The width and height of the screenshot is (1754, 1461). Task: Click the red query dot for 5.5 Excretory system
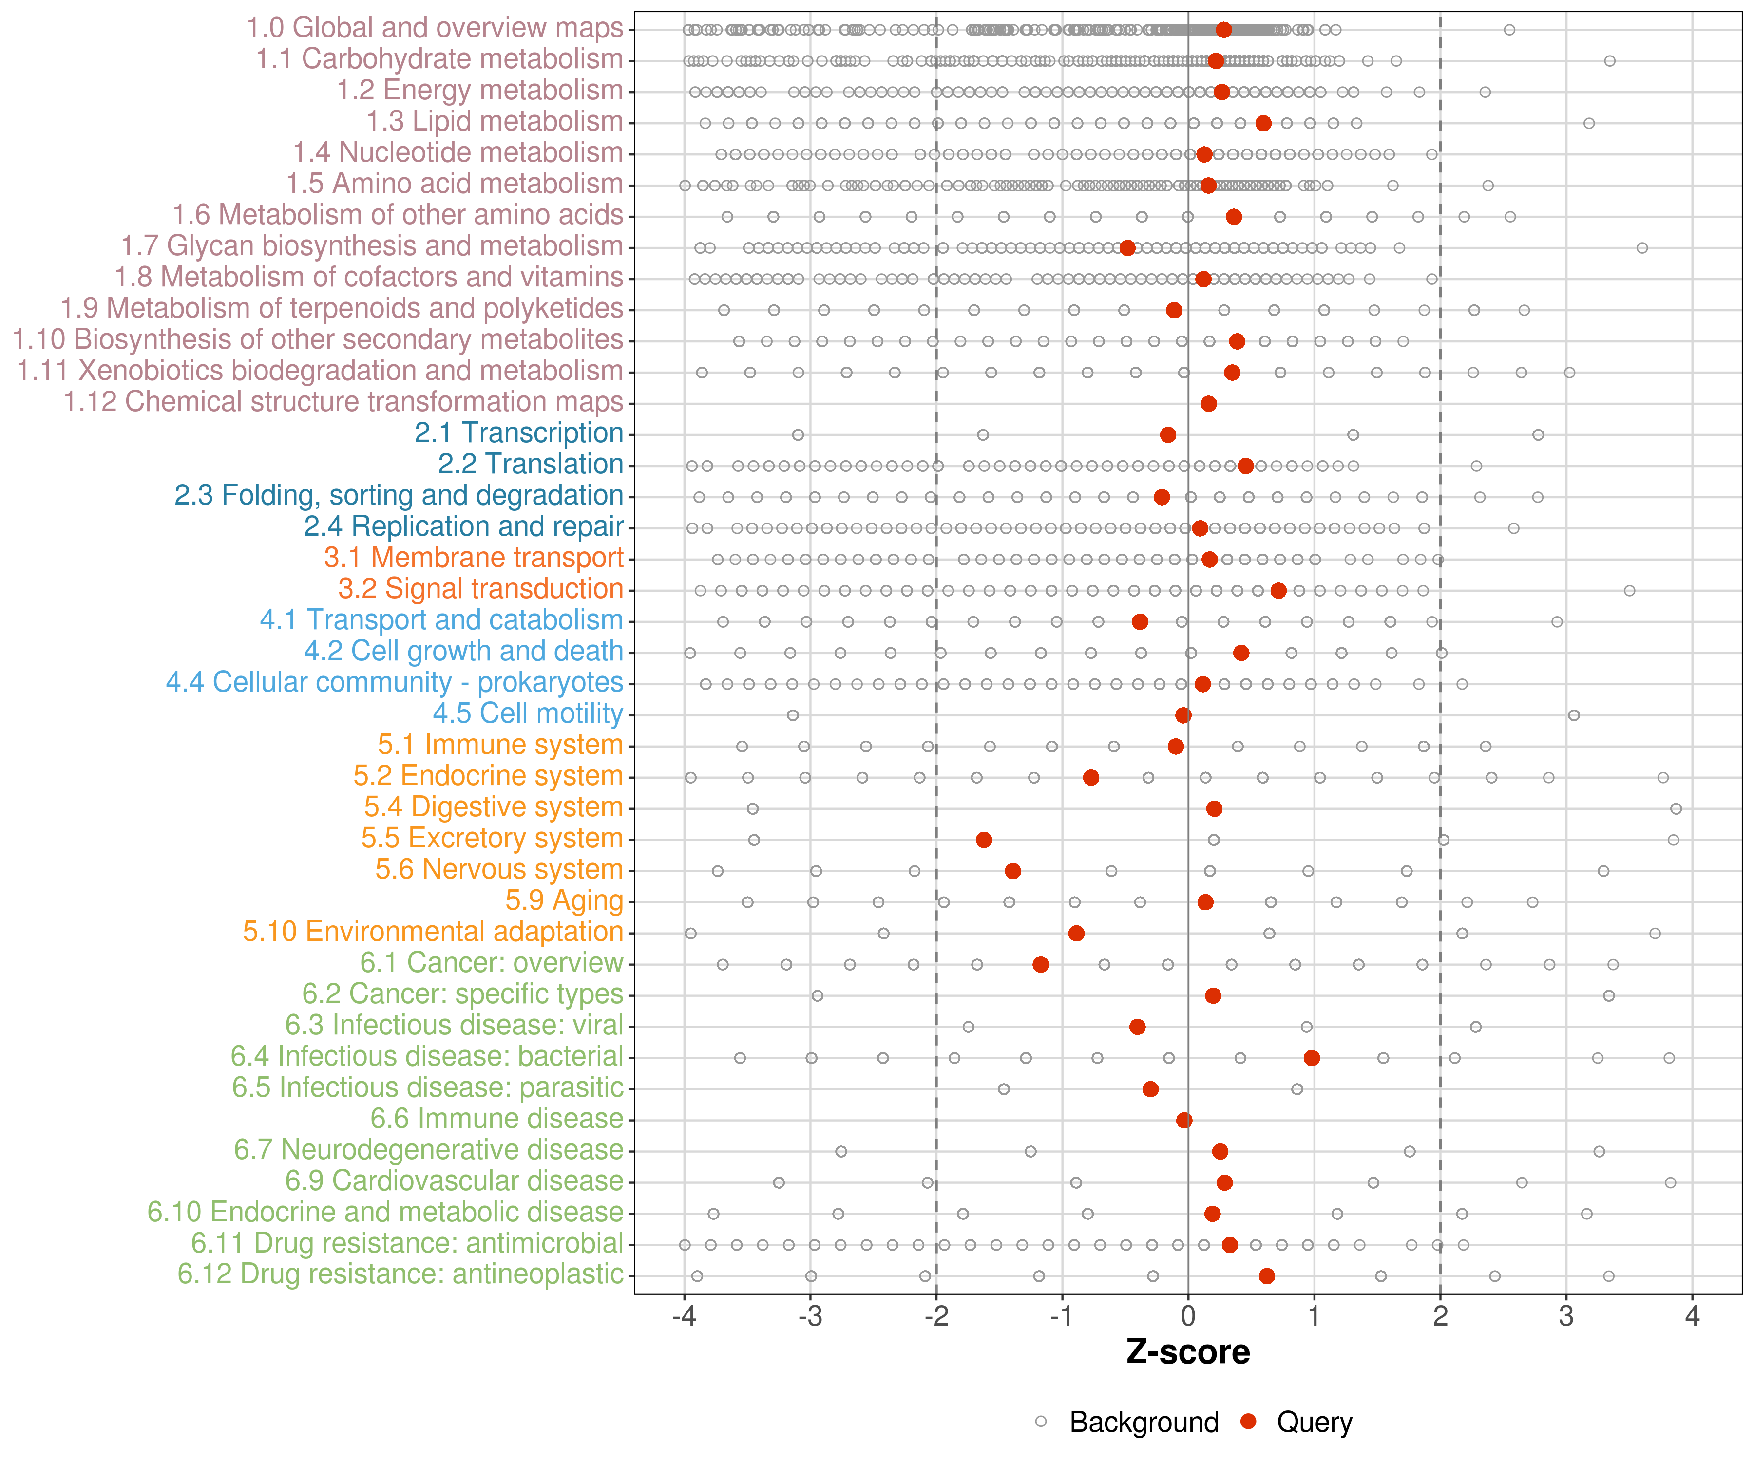984,840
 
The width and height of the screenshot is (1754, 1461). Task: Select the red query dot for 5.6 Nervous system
1013,871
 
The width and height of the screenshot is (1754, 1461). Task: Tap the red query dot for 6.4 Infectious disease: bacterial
1311,1058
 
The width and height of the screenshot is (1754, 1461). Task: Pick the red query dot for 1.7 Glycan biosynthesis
1127,248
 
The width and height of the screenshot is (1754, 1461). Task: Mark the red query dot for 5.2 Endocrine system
1091,777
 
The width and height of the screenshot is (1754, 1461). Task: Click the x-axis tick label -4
684,1316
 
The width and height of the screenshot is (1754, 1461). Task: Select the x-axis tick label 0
1188,1316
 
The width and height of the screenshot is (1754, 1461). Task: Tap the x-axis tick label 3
1566,1316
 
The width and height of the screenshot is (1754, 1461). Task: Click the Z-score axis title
1188,1352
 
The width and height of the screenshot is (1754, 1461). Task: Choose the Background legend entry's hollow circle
1041,1422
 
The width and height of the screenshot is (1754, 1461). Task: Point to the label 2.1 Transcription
519,433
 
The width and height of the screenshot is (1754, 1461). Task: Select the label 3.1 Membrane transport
474,558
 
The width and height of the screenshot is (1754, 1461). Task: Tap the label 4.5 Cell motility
528,714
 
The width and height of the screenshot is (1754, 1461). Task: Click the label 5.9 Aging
565,901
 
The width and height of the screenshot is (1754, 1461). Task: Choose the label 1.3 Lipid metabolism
495,122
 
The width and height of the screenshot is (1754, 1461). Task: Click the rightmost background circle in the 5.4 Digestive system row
1676,809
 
